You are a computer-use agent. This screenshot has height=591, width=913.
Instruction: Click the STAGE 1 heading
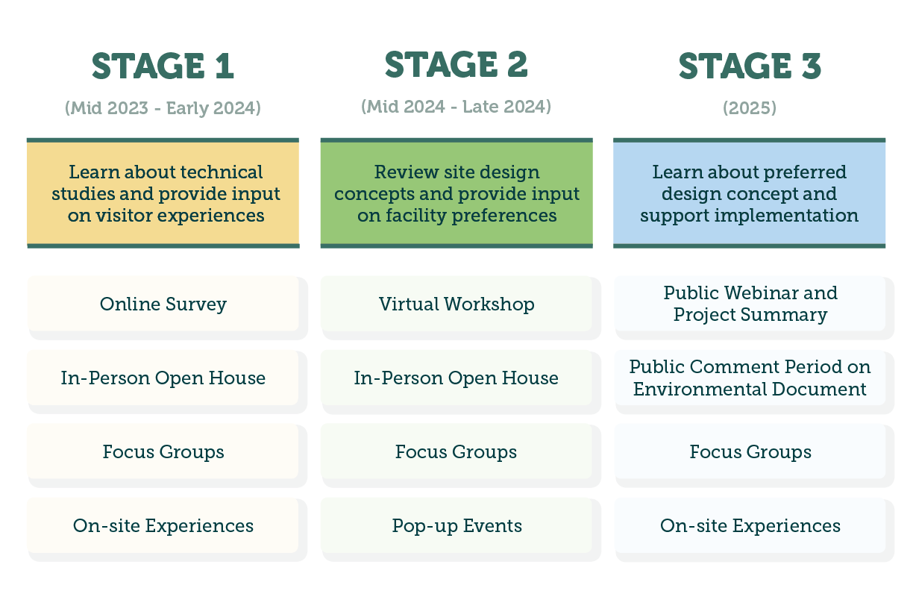coord(163,66)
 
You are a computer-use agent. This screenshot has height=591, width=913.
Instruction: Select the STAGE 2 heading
coord(456,64)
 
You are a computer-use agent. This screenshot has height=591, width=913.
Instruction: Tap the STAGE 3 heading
coord(749,66)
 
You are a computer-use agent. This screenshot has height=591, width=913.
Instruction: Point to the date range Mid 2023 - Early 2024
coord(163,108)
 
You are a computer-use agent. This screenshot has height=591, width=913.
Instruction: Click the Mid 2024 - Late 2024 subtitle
coord(456,107)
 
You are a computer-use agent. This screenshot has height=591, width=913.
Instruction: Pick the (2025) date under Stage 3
coord(749,108)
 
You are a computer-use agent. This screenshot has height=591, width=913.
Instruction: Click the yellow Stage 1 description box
coord(163,193)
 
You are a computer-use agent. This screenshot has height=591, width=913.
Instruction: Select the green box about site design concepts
coord(456,193)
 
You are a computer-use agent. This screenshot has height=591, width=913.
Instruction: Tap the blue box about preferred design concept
coord(749,193)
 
